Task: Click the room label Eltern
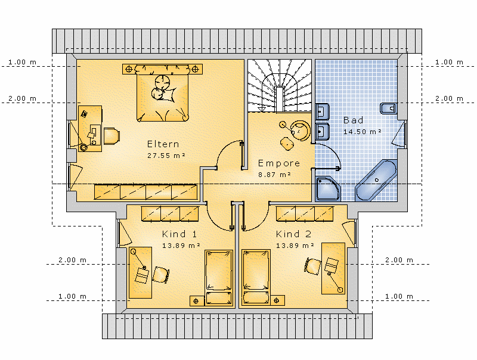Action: [x=163, y=144]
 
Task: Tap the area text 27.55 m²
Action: [x=166, y=156]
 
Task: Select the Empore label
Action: [x=278, y=163]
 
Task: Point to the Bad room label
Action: [x=353, y=120]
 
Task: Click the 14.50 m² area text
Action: [x=363, y=132]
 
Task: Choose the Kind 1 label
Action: [x=179, y=234]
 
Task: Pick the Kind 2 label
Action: [x=293, y=234]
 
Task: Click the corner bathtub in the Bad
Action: [x=376, y=181]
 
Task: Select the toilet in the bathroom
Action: [x=389, y=108]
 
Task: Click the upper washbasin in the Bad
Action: [x=322, y=111]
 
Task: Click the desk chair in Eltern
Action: [x=111, y=136]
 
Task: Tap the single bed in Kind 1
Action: [x=219, y=278]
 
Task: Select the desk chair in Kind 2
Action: [x=312, y=266]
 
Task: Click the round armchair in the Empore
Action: [x=300, y=131]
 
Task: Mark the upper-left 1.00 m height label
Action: [x=22, y=62]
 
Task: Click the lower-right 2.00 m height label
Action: [x=399, y=260]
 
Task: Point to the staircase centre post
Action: [x=280, y=99]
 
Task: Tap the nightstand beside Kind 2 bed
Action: [x=277, y=300]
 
